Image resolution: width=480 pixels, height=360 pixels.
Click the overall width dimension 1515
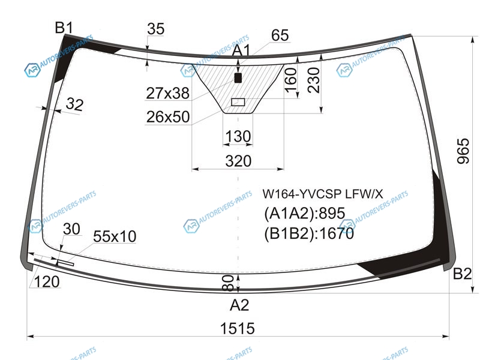pos(237,328)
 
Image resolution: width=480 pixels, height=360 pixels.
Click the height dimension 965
pos(463,151)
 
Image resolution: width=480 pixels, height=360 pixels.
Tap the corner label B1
pos(64,28)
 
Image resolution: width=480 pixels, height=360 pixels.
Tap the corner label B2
pos(462,274)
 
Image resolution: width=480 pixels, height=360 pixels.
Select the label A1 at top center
pos(241,50)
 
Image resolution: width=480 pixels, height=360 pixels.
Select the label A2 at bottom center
pos(239,305)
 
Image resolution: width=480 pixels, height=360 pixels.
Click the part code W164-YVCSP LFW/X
pos(323,194)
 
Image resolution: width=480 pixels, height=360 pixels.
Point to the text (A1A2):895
pos(305,214)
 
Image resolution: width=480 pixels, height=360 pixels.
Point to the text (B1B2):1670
pos(309,234)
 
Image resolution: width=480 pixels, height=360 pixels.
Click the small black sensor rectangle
pos(238,78)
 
